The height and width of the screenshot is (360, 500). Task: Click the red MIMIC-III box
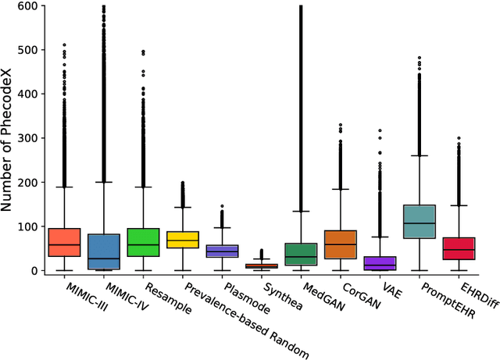tap(64, 242)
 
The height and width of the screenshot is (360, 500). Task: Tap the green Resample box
tap(143, 242)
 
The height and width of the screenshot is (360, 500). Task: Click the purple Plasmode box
tap(222, 251)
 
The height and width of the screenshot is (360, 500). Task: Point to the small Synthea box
tap(262, 266)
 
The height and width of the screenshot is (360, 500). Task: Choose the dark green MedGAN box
tap(301, 254)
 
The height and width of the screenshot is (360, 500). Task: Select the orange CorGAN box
tap(341, 244)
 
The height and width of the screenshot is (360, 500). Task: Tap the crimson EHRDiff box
tap(459, 248)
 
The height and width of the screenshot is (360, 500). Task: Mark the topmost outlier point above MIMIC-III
tap(64, 45)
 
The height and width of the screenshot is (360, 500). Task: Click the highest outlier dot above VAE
tap(380, 130)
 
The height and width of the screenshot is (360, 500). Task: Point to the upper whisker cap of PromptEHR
tap(420, 155)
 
